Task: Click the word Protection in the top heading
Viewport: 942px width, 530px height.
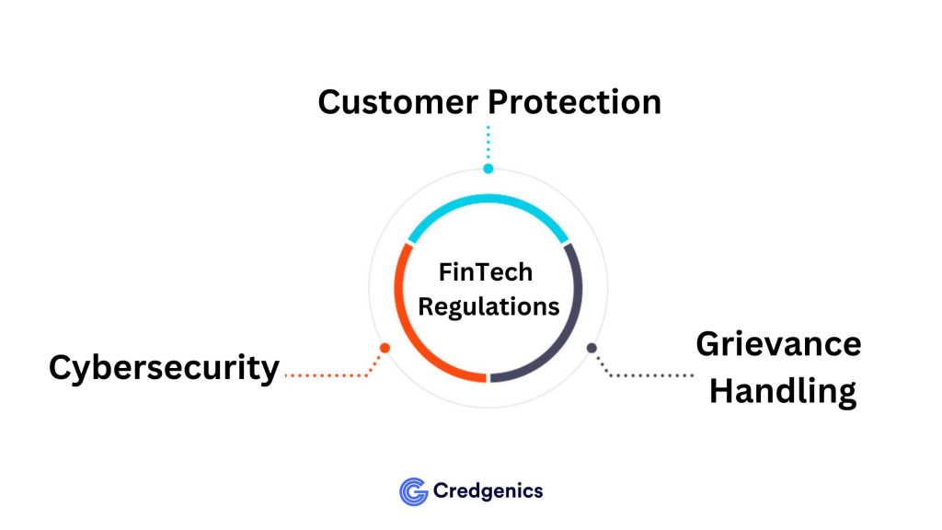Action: point(573,102)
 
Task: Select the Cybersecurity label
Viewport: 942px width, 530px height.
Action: point(164,368)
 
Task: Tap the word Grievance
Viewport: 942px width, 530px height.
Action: point(778,344)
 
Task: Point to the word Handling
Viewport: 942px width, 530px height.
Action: point(783,392)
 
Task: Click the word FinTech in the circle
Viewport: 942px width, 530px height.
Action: point(487,273)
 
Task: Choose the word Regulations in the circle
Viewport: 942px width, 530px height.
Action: point(488,305)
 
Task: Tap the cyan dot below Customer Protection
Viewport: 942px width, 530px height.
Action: point(488,168)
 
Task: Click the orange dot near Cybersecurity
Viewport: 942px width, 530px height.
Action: point(385,348)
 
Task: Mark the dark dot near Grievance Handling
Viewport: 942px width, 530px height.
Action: point(592,348)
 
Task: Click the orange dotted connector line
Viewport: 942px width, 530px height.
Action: point(327,375)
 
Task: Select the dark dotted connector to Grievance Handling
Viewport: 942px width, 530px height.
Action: point(649,375)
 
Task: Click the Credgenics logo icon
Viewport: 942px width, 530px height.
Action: point(413,491)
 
